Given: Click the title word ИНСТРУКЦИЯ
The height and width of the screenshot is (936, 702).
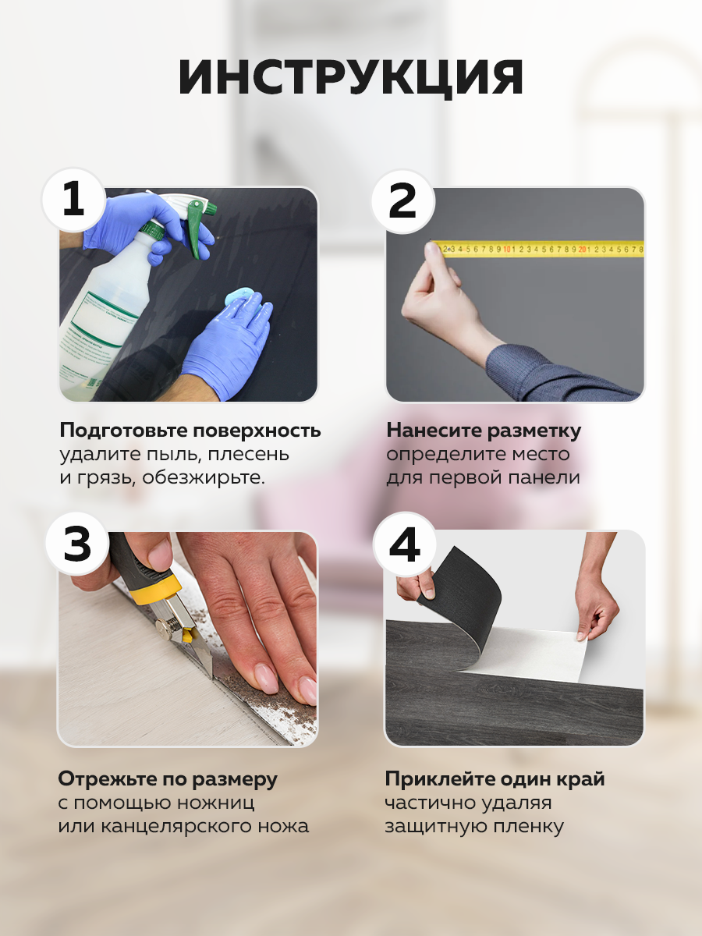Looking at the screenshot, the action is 350,77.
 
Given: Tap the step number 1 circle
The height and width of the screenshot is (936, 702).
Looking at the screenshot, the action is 73,200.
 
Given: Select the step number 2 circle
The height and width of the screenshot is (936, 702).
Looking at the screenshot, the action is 402,200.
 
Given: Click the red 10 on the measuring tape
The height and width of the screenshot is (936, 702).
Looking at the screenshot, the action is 507,249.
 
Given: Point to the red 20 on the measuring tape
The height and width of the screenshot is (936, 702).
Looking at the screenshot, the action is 582,249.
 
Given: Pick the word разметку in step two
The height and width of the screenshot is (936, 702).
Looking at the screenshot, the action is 534,431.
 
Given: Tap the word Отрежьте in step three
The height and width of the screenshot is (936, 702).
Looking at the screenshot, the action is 107,779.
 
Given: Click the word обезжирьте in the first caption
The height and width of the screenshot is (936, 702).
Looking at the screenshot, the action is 204,477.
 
